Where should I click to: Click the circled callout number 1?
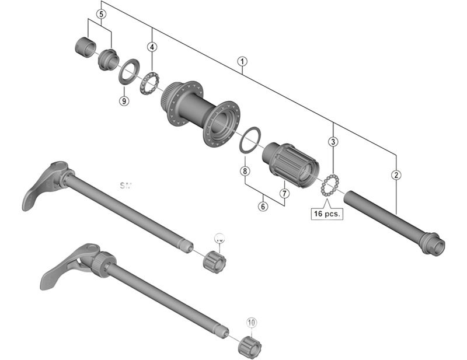click(x=242, y=61)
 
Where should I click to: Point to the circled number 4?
click(x=152, y=46)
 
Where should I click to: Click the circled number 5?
click(x=102, y=13)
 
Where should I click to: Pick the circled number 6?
click(x=263, y=206)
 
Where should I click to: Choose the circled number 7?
click(x=284, y=193)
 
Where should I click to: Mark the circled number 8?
click(x=245, y=172)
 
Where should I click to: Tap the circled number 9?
click(x=124, y=100)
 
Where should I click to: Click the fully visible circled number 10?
click(x=252, y=322)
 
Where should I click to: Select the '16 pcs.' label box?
click(x=327, y=214)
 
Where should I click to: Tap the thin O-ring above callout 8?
click(x=248, y=139)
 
